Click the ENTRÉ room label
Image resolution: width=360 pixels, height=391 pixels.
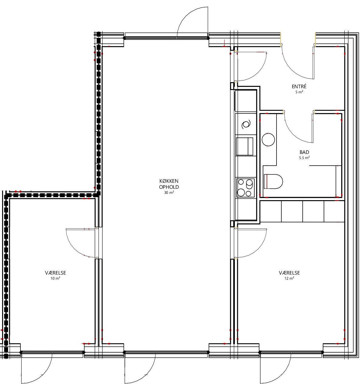pyautogui.click(x=299, y=86)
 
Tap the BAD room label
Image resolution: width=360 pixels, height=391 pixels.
pyautogui.click(x=304, y=152)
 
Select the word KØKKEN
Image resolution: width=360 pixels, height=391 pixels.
pyautogui.click(x=169, y=181)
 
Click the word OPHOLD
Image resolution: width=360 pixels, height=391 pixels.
pyautogui.click(x=169, y=187)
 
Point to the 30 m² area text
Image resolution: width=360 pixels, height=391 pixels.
pyautogui.click(x=169, y=193)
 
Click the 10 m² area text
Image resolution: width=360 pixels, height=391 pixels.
pyautogui.click(x=55, y=278)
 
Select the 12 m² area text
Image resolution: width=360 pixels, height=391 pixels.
pyautogui.click(x=289, y=278)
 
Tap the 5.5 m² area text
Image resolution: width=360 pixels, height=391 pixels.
pyautogui.click(x=304, y=158)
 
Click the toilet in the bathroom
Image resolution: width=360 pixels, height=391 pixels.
pyautogui.click(x=273, y=182)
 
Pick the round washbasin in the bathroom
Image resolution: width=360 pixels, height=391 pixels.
pyautogui.click(x=268, y=139)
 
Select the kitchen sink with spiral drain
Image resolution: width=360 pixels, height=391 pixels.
pyautogui.click(x=246, y=124)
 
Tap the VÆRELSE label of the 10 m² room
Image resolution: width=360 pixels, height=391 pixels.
pyautogui.click(x=56, y=273)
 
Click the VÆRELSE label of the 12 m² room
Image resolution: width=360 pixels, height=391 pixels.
pyautogui.click(x=289, y=273)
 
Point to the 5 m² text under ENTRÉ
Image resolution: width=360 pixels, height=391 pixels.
pyautogui.click(x=299, y=92)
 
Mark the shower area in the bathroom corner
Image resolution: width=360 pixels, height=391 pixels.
pyautogui.click(x=325, y=181)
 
